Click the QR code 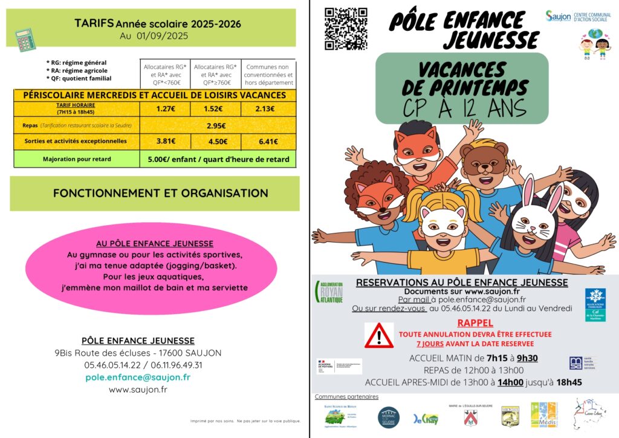point(346,28)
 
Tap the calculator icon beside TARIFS point(25,40)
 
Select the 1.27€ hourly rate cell point(164,109)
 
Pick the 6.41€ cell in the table point(268,142)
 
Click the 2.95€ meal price point(216,126)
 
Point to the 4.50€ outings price point(215,142)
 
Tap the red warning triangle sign point(379,335)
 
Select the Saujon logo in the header point(558,16)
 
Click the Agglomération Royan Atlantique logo point(329,291)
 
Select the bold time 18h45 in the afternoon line point(568,382)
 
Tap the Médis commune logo point(543,414)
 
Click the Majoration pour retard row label point(76,159)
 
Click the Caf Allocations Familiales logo point(595,304)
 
